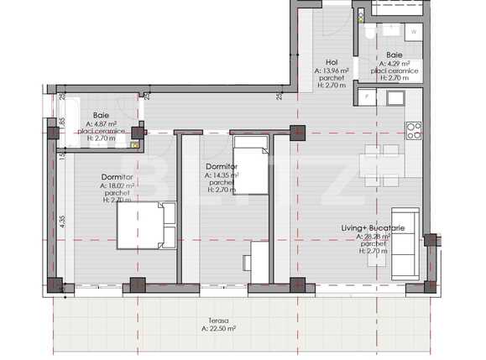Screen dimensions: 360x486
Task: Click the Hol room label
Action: pos(331,63)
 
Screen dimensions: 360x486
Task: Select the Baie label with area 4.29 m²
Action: pos(394,55)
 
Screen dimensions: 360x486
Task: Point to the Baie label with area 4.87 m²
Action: pos(101,114)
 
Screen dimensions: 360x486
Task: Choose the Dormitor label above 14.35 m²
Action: pos(222,167)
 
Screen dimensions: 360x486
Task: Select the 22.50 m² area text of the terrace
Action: pos(218,329)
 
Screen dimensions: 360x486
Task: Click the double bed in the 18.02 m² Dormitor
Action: pos(144,226)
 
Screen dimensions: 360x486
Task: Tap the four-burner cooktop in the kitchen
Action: pos(413,129)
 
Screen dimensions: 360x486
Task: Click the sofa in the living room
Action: pos(406,243)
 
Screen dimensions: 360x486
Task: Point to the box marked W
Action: pos(413,30)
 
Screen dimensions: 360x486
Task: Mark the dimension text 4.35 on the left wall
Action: pos(62,222)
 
